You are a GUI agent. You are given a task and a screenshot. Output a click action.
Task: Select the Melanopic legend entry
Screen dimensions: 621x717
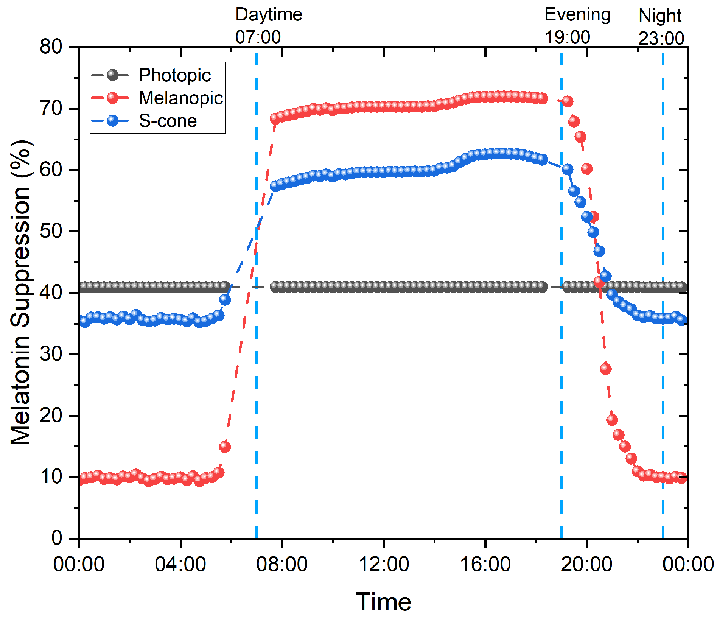180,98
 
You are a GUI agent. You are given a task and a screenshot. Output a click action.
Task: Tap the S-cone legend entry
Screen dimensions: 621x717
168,121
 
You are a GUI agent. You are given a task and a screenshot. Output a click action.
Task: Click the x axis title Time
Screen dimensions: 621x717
383,602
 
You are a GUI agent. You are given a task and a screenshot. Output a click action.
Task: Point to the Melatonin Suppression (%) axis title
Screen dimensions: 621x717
21,292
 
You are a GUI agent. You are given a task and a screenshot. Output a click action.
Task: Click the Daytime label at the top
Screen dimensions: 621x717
269,14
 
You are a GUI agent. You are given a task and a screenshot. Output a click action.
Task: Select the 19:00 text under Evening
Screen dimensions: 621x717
567,37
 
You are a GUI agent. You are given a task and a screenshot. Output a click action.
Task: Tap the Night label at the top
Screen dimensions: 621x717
660,16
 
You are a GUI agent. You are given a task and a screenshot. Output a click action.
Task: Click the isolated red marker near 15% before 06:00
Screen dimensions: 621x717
225,447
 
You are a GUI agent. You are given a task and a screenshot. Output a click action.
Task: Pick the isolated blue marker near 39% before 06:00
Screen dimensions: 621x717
225,300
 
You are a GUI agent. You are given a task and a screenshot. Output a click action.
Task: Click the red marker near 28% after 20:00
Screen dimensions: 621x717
606,369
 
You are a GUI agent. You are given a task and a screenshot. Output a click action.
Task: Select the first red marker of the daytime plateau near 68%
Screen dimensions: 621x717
274,118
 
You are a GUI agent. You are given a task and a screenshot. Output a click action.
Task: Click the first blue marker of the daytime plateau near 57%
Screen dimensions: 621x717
275,186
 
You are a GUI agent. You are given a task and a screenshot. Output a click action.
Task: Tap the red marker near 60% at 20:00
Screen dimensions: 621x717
587,169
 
